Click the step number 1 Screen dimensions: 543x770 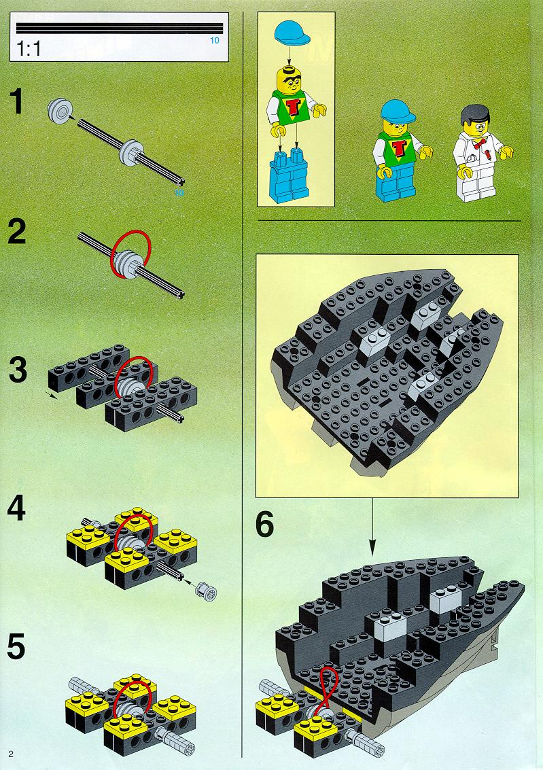(x=17, y=101)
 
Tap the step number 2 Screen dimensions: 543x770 (x=17, y=232)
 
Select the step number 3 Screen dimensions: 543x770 (x=18, y=370)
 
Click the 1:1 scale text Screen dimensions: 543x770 (x=29, y=49)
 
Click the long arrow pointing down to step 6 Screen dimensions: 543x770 (x=372, y=527)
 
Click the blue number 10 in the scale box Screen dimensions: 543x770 (x=215, y=40)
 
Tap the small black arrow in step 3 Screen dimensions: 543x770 (x=51, y=396)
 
